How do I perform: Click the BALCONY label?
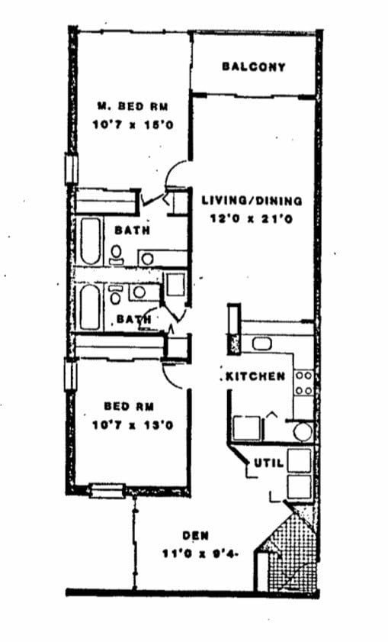pos(254,66)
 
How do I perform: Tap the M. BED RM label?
pos(133,106)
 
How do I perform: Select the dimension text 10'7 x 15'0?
pos(133,124)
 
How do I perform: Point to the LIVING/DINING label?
pos(252,201)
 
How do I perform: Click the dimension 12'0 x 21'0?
pos(252,218)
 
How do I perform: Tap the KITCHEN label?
pos(255,376)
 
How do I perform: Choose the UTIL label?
pos(269,463)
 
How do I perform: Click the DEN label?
pos(195,536)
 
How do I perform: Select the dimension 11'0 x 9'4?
pos(200,553)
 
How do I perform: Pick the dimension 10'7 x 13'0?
pos(133,424)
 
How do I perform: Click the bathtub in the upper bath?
pos(90,240)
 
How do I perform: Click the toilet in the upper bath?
pos(117,254)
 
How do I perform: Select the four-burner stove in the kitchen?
pos(304,382)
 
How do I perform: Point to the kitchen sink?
pos(262,344)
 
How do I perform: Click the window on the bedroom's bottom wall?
pos(107,490)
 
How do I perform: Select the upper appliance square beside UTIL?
pos(300,460)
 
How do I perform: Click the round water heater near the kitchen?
pos(303,431)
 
